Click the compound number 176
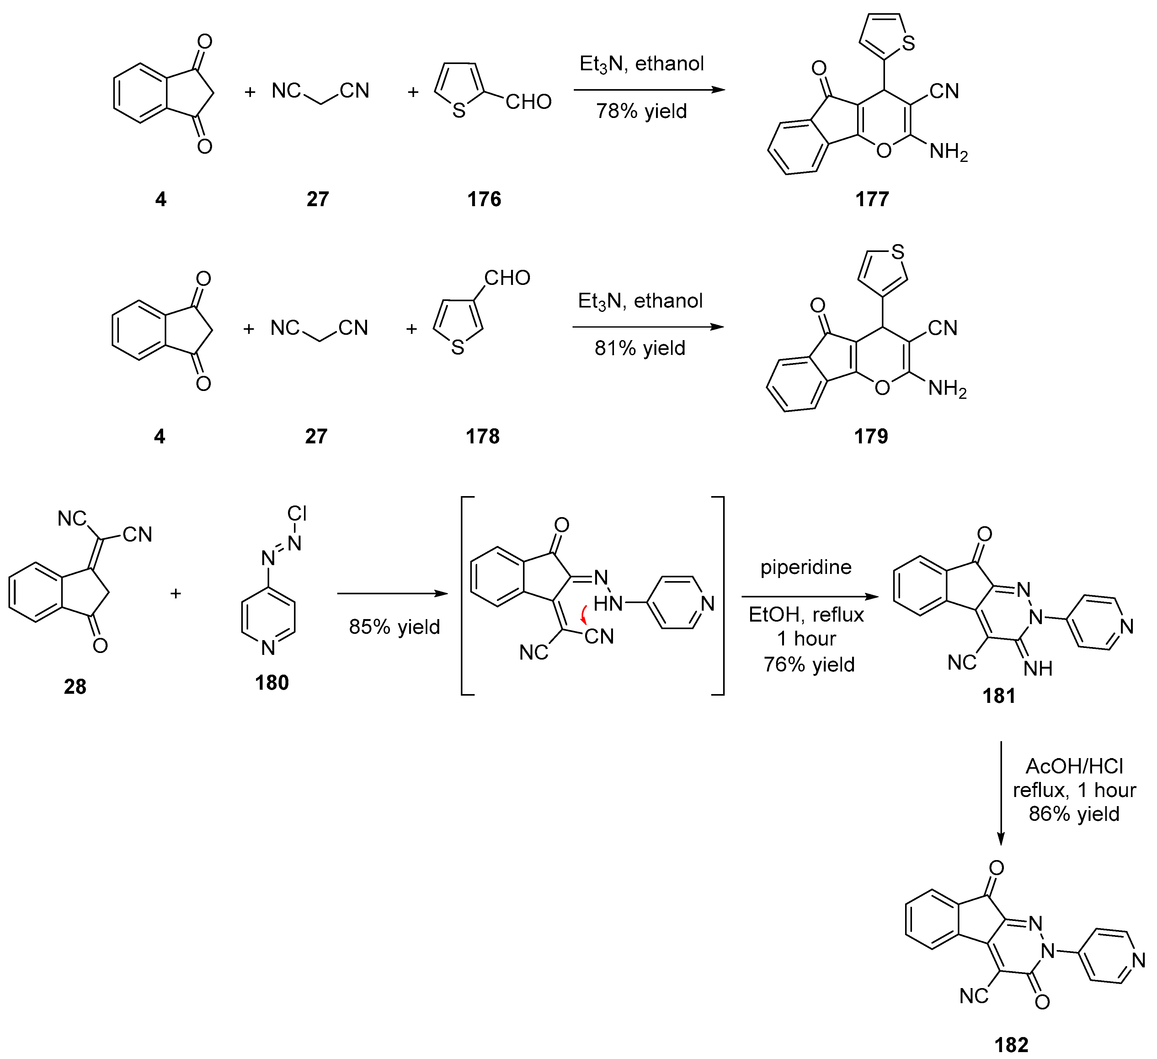point(484,199)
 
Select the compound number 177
point(872,199)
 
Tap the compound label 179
point(871,436)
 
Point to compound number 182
point(1011,1045)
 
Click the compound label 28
point(75,687)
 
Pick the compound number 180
point(271,682)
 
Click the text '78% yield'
point(641,111)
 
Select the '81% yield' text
point(640,348)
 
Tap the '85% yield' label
point(394,626)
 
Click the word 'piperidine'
point(806,567)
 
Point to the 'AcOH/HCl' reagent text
point(1074,766)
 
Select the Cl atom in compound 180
point(297,513)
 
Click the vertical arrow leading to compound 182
point(1001,792)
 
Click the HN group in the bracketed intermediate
point(608,603)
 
